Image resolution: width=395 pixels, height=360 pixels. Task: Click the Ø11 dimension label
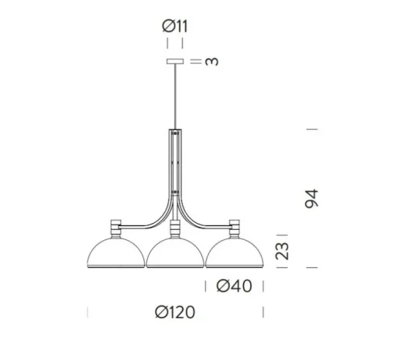click(175, 26)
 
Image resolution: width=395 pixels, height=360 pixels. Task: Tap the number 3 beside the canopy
click(211, 61)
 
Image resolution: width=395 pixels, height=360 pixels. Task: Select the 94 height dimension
click(311, 198)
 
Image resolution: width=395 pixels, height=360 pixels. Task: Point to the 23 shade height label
click(282, 251)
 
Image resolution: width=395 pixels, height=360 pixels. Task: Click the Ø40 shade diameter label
click(234, 286)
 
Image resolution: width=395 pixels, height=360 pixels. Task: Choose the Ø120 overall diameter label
click(175, 312)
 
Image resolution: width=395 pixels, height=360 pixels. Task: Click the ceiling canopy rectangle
click(175, 61)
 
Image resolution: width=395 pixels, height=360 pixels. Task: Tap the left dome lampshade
click(116, 252)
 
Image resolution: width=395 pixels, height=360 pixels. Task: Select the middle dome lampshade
click(175, 252)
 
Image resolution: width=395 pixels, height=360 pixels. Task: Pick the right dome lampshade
click(235, 252)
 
